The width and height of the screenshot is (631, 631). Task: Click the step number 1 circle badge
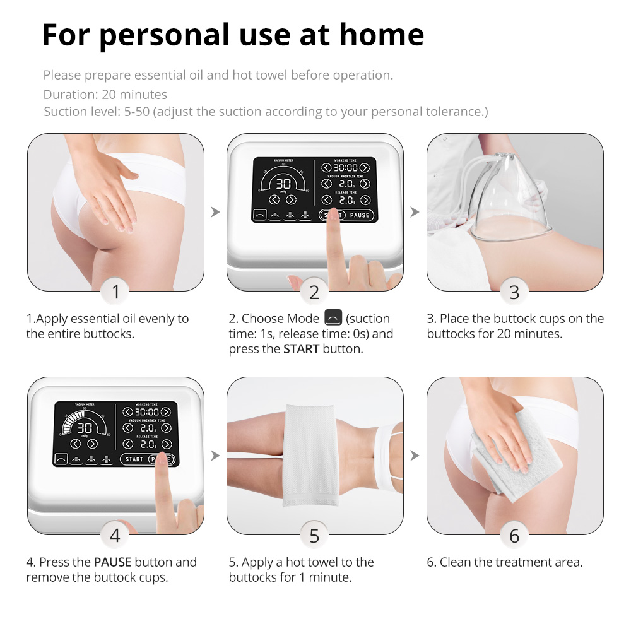click(115, 292)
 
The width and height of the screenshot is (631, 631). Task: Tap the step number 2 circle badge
click(314, 292)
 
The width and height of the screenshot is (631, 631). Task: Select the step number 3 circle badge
click(514, 292)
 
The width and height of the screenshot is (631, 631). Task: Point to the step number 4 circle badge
click(115, 535)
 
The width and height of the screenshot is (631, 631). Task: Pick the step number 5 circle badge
click(314, 535)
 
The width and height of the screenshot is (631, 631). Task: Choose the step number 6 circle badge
click(514, 535)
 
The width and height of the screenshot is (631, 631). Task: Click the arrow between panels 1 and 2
click(215, 211)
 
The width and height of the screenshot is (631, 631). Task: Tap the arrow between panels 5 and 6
click(415, 456)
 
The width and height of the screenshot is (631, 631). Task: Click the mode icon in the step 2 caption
click(333, 317)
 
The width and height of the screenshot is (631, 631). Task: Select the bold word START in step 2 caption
click(301, 349)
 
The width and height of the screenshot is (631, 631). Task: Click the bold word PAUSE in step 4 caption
click(113, 562)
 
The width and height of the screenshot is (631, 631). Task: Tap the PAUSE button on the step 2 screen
click(360, 215)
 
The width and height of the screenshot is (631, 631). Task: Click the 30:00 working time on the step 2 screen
click(345, 167)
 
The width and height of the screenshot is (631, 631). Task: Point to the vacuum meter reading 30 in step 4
click(85, 428)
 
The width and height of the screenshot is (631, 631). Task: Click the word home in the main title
click(382, 35)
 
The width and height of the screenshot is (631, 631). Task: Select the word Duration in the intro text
click(71, 94)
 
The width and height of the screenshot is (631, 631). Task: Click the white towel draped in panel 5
click(310, 456)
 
